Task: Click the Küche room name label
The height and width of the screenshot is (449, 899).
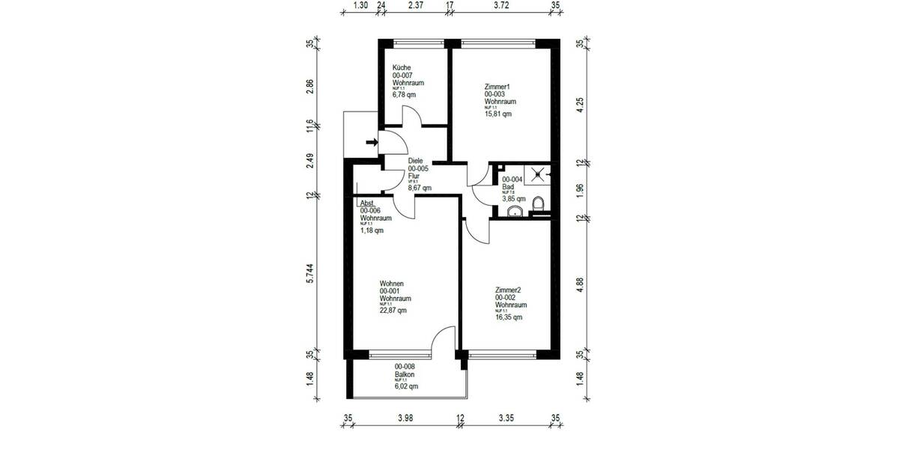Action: pos(401,68)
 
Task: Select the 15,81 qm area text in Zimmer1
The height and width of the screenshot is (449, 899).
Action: pos(498,114)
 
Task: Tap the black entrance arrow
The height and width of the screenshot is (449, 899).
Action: pos(372,142)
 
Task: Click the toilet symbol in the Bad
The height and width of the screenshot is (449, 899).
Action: pos(537,204)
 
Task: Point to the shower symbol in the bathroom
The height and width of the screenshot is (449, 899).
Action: pos(539,174)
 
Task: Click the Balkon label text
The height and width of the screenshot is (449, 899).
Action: pos(405,374)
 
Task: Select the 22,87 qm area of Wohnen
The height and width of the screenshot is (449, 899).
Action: pos(393,311)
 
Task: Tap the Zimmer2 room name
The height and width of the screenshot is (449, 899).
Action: pos(510,290)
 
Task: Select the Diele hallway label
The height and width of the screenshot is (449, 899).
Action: pos(417,161)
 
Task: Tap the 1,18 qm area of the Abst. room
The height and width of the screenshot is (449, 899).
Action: pos(372,230)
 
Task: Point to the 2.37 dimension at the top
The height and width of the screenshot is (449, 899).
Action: pos(416,6)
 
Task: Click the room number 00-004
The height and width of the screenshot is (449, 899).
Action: pos(512,180)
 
